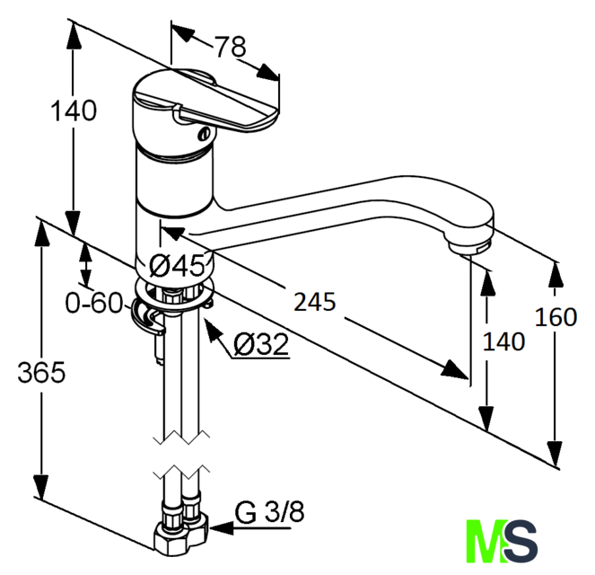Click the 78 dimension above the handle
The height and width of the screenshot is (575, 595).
pos(232,47)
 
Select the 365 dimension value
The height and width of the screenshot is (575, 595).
pos(41,372)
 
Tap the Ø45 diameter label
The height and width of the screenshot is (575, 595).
pos(177,265)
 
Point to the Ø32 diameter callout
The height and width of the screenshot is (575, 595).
pos(260,344)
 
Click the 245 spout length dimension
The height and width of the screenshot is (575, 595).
pos(315,302)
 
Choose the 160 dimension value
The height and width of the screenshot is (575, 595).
pos(556,317)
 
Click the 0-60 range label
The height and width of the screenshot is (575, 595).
pos(94,303)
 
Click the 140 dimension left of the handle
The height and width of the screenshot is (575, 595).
pos(74,111)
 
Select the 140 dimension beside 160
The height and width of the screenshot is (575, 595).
pos(504,341)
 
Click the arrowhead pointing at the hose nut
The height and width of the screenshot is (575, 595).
pos(222,528)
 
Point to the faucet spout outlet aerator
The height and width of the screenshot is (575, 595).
pos(469,247)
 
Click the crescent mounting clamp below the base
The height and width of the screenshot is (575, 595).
pos(147,315)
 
